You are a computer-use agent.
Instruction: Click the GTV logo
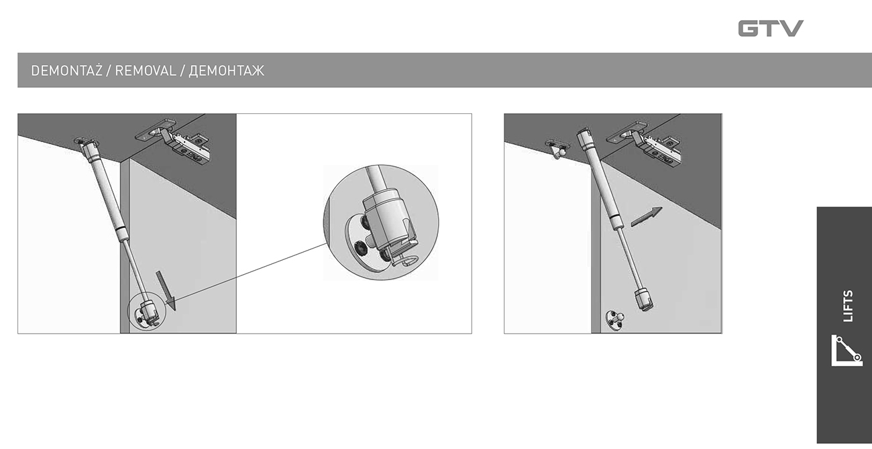click(771, 28)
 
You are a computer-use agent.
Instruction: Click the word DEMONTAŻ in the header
click(66, 71)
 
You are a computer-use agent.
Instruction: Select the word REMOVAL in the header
click(146, 71)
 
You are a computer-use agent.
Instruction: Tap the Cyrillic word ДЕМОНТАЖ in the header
click(226, 71)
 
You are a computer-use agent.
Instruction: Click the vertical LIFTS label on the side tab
click(849, 306)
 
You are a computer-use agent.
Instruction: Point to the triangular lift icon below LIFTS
click(847, 350)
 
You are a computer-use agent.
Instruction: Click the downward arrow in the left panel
click(166, 291)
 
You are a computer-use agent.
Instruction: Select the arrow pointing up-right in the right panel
click(646, 216)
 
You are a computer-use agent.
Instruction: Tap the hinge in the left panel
click(175, 141)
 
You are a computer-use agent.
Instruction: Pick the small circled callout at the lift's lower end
click(147, 311)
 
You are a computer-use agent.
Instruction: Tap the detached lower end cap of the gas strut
click(644, 299)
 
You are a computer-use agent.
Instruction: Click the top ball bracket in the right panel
click(557, 149)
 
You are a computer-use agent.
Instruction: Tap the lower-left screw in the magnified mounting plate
click(360, 248)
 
